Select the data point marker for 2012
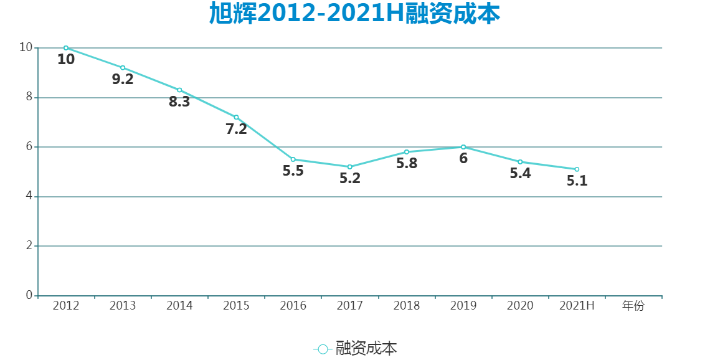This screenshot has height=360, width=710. (x=66, y=48)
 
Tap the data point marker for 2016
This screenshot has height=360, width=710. (x=293, y=159)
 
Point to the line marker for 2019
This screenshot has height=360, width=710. (x=463, y=147)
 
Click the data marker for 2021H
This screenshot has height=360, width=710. (x=577, y=169)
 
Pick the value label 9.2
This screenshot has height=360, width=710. (x=123, y=79)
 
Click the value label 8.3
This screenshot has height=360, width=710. (x=179, y=102)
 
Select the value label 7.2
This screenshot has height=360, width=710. (x=236, y=129)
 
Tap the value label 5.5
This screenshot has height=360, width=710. (x=293, y=171)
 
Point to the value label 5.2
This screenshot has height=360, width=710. (x=350, y=178)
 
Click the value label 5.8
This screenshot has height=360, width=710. (x=407, y=163)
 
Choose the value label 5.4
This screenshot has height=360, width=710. (x=520, y=173)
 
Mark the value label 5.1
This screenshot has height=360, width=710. (x=577, y=181)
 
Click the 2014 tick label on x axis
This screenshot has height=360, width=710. (x=179, y=306)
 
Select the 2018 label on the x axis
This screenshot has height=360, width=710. (x=407, y=306)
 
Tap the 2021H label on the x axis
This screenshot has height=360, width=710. (x=577, y=306)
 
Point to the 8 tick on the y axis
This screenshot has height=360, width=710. (x=29, y=97)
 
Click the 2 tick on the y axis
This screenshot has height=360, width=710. (x=29, y=246)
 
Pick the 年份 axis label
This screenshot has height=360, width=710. (x=633, y=306)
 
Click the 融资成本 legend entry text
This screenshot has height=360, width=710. (x=366, y=349)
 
